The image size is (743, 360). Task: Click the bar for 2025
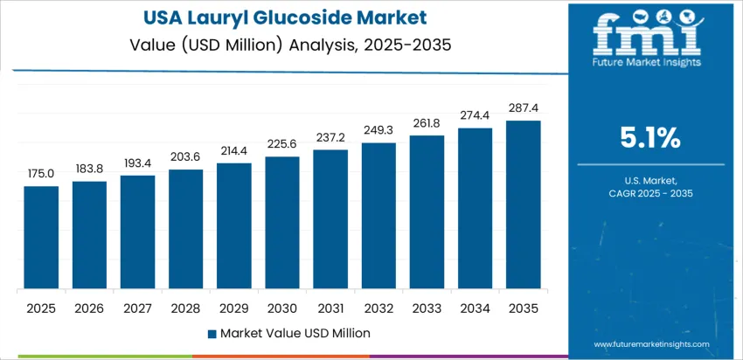(41, 237)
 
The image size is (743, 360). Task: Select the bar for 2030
(282, 223)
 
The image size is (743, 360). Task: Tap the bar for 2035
(524, 204)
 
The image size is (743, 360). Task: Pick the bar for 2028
(186, 229)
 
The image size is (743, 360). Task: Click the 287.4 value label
(524, 108)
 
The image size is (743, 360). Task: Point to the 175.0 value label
(41, 174)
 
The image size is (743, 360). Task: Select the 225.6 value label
(282, 144)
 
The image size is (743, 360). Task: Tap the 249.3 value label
(378, 130)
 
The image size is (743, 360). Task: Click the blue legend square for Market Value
(212, 333)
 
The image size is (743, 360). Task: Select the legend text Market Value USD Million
(295, 333)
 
